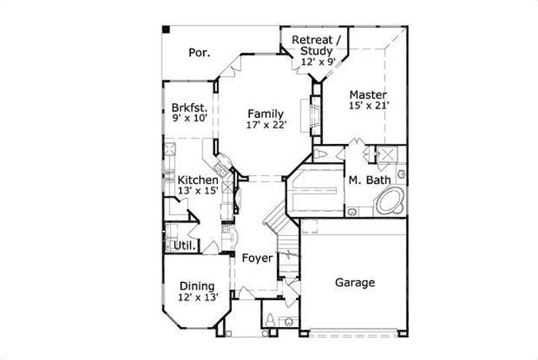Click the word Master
367,95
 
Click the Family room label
264,114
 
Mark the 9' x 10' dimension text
188,118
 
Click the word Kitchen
198,180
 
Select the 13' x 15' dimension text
198,191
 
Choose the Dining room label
196,286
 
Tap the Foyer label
256,258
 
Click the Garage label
354,283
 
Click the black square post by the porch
165,30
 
